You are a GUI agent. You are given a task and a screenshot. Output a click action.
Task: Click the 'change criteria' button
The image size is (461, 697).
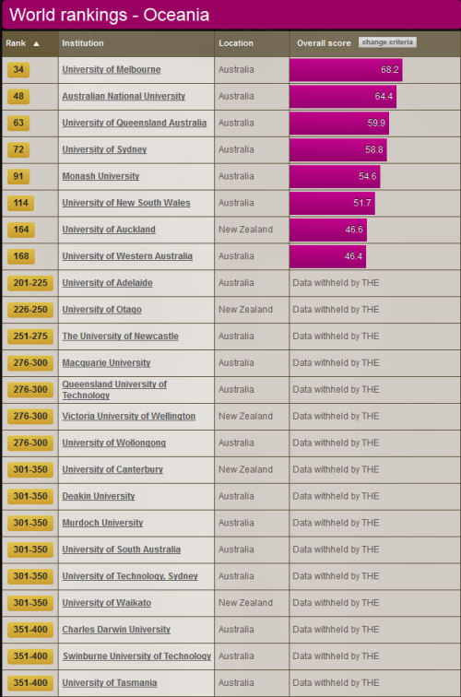(387, 42)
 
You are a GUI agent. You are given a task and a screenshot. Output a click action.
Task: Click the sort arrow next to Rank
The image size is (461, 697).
(37, 43)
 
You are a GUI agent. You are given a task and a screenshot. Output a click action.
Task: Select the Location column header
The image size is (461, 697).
(236, 43)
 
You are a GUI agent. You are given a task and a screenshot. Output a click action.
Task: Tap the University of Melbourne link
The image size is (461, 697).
(112, 69)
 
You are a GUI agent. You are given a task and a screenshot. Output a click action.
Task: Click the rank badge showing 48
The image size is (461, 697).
(18, 97)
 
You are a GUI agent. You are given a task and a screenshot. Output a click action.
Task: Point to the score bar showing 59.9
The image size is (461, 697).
(339, 124)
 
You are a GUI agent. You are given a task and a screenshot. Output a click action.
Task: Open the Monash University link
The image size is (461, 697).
(100, 176)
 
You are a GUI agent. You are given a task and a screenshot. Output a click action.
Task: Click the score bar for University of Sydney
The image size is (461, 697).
(337, 149)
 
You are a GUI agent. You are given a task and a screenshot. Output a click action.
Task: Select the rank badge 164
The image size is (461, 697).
(21, 230)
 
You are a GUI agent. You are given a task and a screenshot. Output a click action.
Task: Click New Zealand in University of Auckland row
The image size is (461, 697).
(245, 230)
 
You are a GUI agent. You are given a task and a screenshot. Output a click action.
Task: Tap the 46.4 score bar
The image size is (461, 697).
(327, 256)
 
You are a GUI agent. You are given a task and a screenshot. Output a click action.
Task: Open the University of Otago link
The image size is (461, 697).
(101, 310)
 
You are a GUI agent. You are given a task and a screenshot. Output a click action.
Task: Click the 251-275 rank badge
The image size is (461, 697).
(30, 337)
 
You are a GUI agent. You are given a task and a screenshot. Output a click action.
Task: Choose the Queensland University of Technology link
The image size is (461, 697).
(114, 389)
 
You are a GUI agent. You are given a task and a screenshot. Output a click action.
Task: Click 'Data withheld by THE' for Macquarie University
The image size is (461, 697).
(336, 362)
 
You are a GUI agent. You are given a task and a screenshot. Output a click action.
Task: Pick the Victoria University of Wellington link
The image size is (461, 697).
(128, 416)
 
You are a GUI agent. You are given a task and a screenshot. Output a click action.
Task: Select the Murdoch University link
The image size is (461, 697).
(102, 523)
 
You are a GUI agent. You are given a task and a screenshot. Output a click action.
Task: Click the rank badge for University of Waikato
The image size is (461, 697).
(30, 603)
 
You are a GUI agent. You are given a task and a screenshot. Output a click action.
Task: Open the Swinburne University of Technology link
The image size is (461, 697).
(137, 656)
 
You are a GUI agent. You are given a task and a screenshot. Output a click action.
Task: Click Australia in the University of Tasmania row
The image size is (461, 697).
(236, 683)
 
